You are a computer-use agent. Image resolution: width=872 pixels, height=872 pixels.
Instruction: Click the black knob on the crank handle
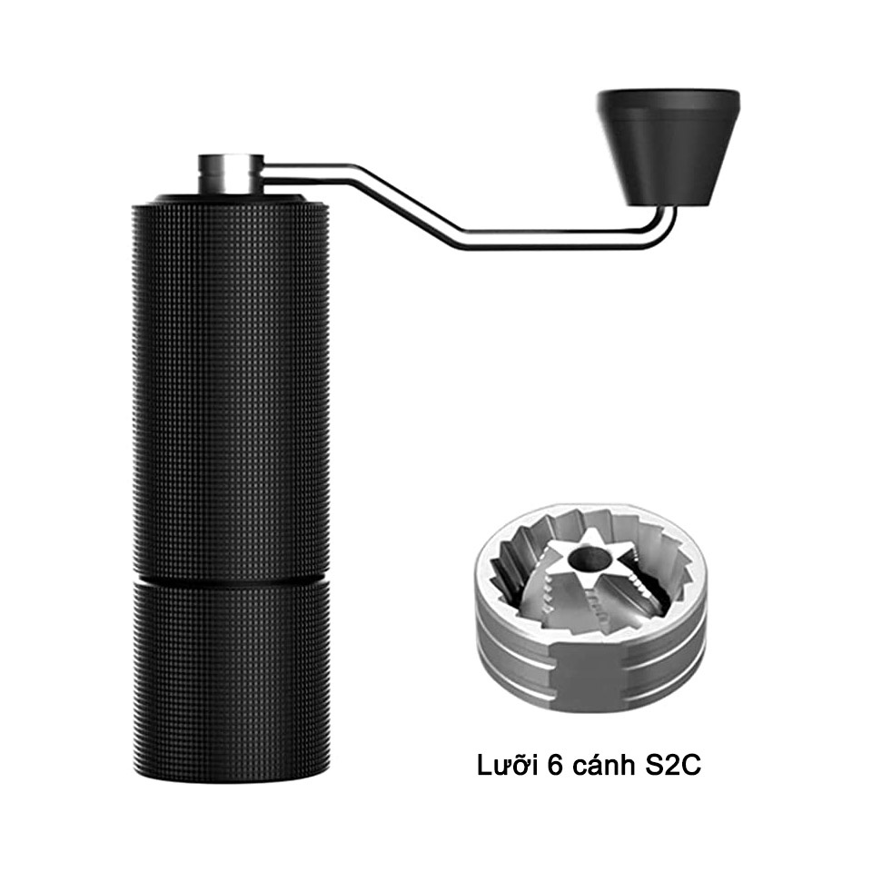click(x=668, y=147)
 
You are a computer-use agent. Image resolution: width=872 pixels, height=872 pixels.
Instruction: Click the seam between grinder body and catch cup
click(x=231, y=581)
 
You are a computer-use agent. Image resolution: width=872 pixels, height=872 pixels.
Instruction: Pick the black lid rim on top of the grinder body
click(x=231, y=199)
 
